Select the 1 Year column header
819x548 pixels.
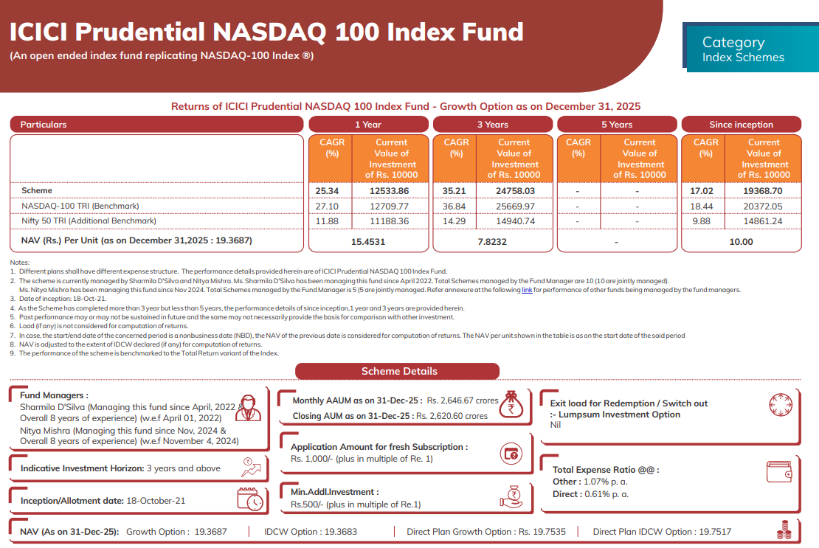coord(368,125)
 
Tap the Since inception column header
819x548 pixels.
coord(741,125)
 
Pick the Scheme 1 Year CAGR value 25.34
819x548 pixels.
coord(326,191)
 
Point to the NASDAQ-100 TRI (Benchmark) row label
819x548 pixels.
coord(80,206)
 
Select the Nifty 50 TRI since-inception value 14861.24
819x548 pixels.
coord(764,221)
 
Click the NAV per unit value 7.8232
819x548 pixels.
coord(492,241)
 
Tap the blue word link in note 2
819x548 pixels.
coord(527,291)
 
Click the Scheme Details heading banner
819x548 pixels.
coord(399,371)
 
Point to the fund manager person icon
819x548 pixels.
coord(248,408)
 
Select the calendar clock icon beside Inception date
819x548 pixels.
coord(251,499)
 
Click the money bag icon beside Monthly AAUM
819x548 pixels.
coord(509,403)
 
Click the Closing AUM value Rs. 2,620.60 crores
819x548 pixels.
coord(452,416)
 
